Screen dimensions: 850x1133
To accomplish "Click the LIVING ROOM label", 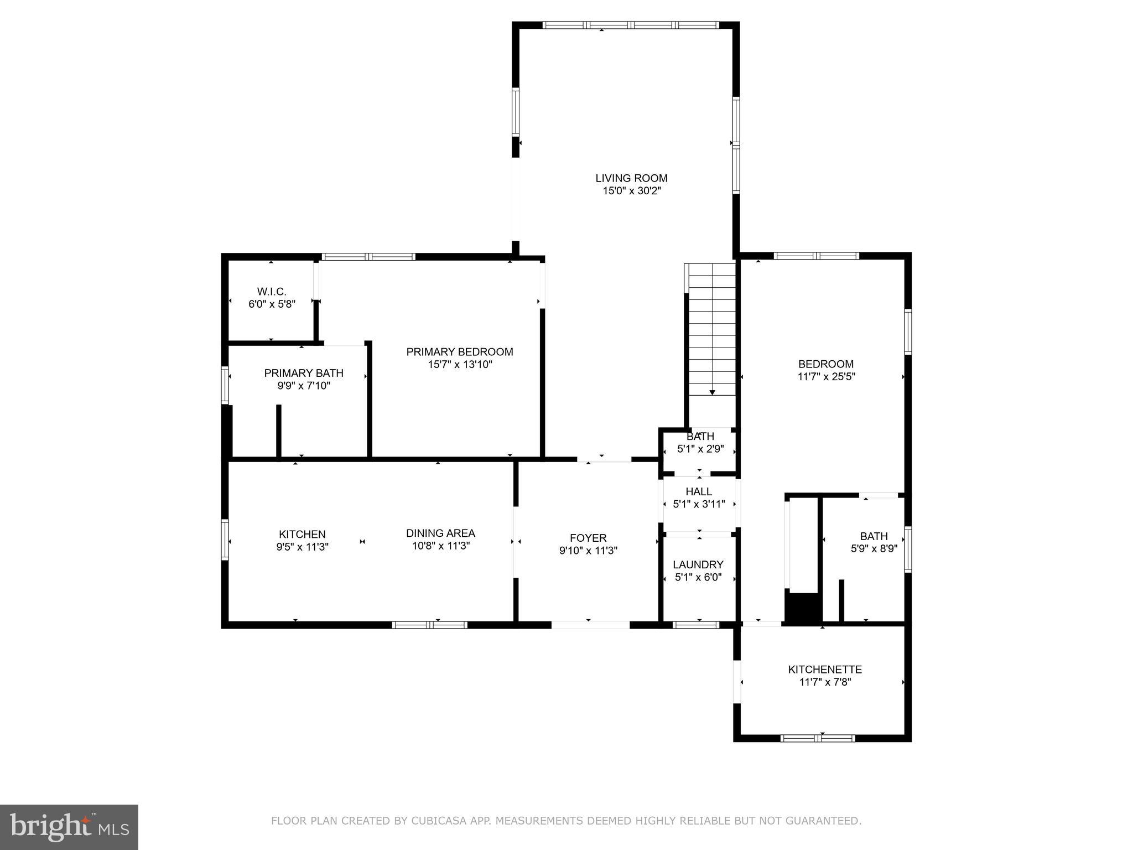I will click(x=631, y=178).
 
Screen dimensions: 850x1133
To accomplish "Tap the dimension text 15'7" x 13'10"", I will click(x=460, y=365).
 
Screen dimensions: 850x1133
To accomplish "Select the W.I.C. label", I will click(x=272, y=291).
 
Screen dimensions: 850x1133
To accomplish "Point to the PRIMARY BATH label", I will click(x=304, y=373).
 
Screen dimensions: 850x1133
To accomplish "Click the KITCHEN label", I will click(x=302, y=534).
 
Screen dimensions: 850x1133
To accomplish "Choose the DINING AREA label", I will click(x=440, y=533).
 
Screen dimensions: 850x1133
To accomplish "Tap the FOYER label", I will click(x=588, y=538).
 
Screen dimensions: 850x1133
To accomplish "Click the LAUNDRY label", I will click(x=698, y=564).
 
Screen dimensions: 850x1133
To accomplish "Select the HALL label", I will click(x=699, y=491).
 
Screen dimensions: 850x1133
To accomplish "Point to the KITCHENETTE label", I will click(x=825, y=670).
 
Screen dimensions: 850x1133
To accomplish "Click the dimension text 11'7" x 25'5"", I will click(x=826, y=377).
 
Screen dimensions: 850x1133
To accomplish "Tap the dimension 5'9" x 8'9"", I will click(x=874, y=549).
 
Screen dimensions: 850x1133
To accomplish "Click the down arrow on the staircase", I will click(x=712, y=392).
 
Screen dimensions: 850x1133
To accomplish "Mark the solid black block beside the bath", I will click(x=802, y=609).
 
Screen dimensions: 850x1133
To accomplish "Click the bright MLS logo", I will click(x=69, y=827).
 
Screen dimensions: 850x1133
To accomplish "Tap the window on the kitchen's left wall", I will click(x=225, y=540).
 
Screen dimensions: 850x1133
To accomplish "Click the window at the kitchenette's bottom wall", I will click(x=818, y=738).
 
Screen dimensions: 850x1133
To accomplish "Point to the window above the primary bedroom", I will click(x=368, y=257).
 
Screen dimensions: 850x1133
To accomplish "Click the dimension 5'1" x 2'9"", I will click(x=700, y=449).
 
